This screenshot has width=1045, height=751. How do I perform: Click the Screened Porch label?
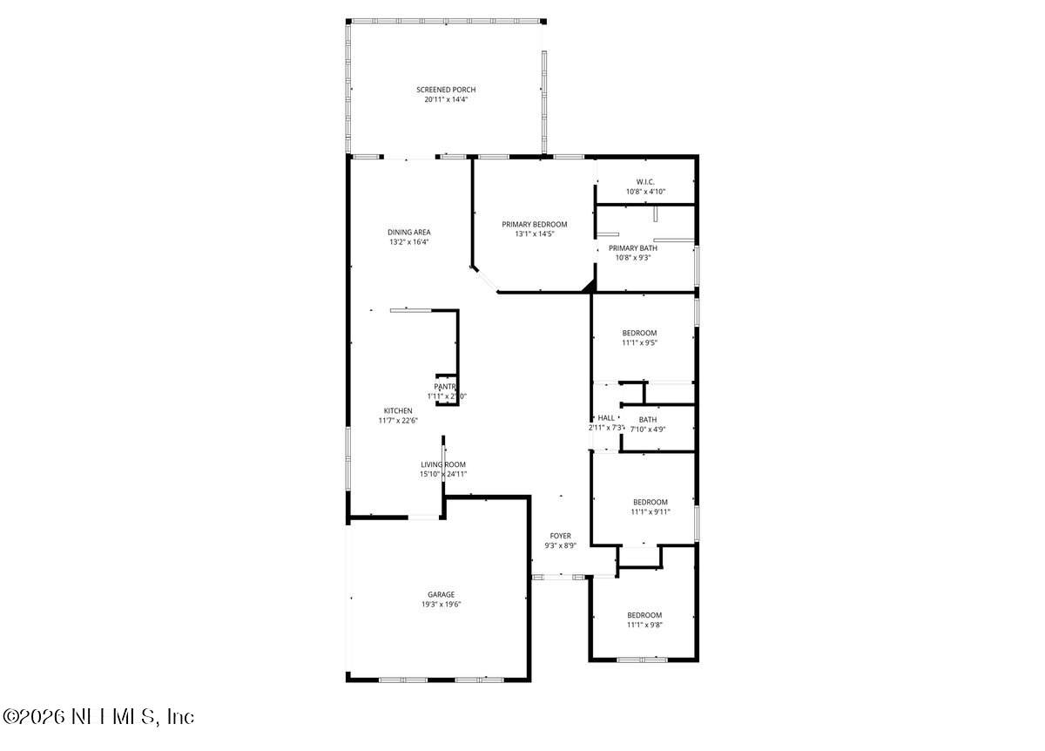446,90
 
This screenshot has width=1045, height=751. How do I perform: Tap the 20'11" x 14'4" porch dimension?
446,100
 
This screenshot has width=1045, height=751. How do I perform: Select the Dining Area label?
409,232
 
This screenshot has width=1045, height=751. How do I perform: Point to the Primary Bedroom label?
534,224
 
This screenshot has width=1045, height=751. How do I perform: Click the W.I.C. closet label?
645,181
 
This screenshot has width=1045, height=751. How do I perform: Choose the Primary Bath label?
645,247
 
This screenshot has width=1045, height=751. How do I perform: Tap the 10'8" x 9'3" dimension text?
645,258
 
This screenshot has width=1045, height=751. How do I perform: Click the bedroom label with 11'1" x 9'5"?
639,333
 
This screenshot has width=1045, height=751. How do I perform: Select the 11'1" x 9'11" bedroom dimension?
651,512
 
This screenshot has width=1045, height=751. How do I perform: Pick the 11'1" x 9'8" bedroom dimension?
644,626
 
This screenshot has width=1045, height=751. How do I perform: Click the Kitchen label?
398,410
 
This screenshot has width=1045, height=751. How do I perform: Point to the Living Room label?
444,464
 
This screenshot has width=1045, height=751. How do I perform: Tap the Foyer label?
560,536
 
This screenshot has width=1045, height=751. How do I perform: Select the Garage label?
441,594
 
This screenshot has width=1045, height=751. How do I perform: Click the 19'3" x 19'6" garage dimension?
441,605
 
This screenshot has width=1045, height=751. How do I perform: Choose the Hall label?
606,418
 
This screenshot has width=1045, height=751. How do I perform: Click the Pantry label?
446,386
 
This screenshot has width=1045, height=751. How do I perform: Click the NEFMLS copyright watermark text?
98,716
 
